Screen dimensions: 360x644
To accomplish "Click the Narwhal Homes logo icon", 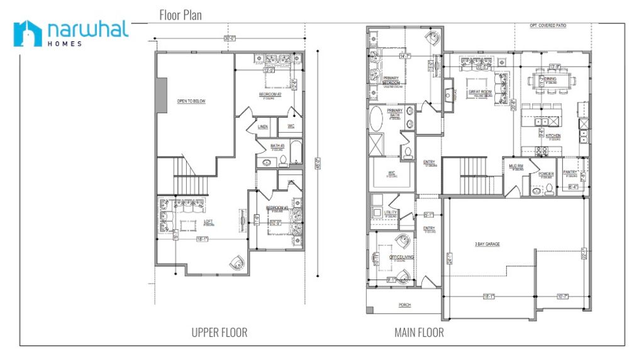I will [27, 33].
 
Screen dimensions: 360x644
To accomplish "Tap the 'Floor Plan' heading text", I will [180, 14].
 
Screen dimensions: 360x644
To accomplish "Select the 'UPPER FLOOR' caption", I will [219, 332].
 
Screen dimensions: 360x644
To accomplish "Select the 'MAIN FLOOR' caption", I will [419, 332].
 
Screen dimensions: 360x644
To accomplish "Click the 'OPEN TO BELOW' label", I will [191, 101].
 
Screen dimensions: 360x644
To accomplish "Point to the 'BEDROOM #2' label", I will [270, 95].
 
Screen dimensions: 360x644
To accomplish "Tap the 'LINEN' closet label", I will [263, 127].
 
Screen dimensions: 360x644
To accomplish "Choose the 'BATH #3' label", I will [277, 146].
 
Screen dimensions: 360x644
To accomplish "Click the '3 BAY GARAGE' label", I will [487, 244].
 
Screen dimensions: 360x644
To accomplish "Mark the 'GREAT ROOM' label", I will [479, 92].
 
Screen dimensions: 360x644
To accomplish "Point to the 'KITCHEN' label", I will [553, 135].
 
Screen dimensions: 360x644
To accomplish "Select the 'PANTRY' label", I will [571, 171].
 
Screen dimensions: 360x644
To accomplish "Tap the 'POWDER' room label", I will [546, 174].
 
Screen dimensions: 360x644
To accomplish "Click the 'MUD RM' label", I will [516, 166].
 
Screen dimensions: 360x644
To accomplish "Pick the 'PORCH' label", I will [404, 305].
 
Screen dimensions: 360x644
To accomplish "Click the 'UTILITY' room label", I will [391, 213].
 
